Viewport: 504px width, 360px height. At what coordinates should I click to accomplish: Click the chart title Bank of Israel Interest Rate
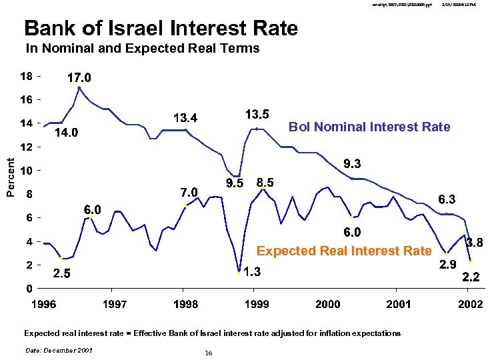161,28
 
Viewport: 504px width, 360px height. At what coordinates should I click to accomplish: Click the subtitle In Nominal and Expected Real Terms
142,49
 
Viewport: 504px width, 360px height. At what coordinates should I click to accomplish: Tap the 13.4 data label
185,118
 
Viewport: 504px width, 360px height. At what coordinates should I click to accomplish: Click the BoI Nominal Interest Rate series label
369,127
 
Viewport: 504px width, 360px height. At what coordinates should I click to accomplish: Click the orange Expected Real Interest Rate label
344,251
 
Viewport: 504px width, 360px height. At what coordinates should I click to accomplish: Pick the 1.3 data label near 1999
251,272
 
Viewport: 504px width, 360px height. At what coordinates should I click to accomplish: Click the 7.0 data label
189,193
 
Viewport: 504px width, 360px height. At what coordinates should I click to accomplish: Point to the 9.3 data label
353,163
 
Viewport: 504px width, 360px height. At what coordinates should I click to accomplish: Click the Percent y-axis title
10,177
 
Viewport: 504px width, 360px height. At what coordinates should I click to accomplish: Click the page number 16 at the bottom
209,353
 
